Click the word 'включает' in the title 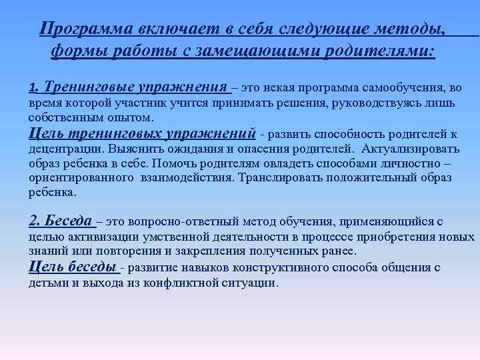point(167,29)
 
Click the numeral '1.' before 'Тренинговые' point(35,87)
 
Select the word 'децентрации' point(59,149)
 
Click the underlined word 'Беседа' point(69,221)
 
